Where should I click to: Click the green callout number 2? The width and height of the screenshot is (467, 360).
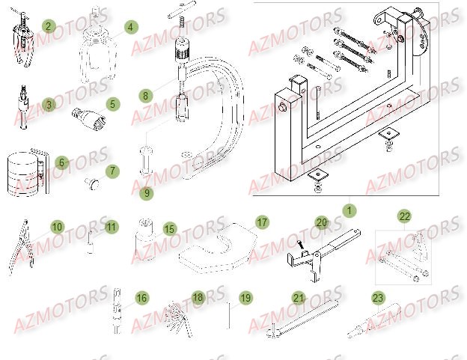click(x=49, y=26)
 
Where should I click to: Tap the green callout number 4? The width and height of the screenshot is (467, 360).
click(x=130, y=27)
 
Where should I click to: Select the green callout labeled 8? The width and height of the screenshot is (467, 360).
click(x=145, y=96)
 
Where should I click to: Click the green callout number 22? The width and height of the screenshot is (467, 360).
click(x=404, y=216)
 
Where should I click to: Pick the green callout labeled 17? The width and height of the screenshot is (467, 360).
click(x=261, y=222)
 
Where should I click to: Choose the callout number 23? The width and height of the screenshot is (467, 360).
click(x=377, y=297)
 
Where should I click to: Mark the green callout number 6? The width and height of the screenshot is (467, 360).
click(x=62, y=162)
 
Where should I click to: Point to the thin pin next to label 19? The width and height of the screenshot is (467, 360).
click(x=228, y=314)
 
